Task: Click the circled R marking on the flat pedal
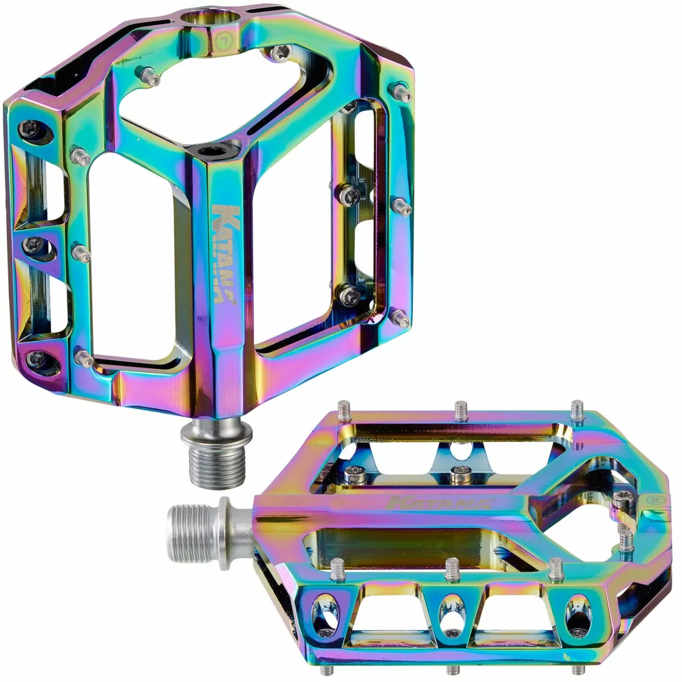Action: pos(651,501)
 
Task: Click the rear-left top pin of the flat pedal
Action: pos(344,410)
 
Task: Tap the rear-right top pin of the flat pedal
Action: pos(577,409)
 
